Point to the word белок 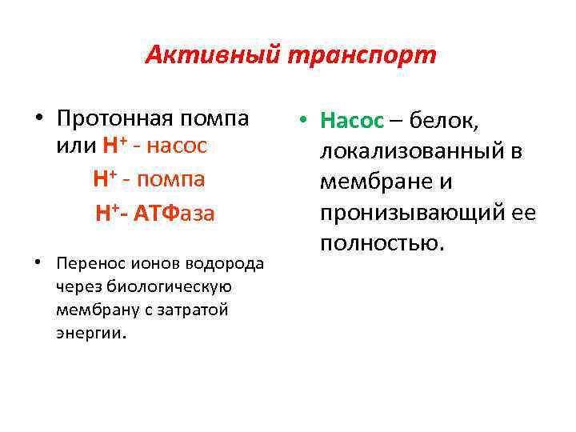(445, 121)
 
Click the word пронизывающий (412, 212)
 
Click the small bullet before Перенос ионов (38, 263)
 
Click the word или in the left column (75, 147)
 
